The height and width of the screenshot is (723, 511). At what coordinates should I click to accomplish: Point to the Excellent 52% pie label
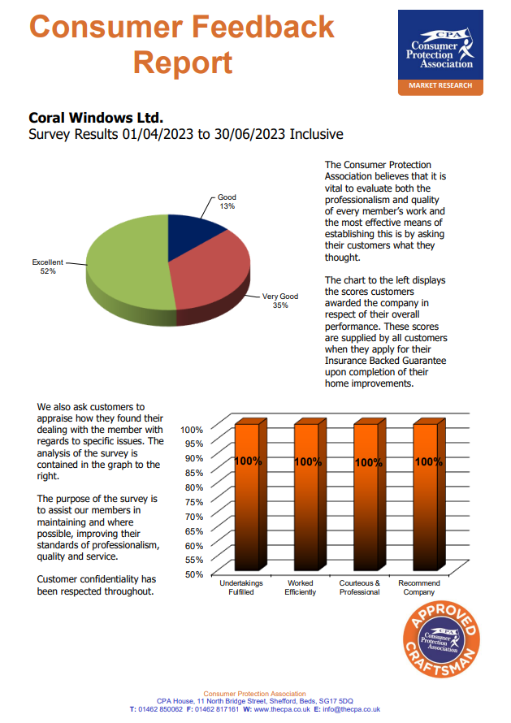(46, 266)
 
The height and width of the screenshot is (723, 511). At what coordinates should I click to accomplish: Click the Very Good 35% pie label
(279, 301)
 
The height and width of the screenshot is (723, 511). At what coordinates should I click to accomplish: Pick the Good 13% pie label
(227, 201)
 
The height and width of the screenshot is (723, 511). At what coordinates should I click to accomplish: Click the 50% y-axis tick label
(192, 574)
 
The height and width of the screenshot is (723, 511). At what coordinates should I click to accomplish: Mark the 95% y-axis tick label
(192, 444)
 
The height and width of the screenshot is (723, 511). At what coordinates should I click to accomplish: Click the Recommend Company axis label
(419, 587)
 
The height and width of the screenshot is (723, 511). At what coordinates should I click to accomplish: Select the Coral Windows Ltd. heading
(102, 116)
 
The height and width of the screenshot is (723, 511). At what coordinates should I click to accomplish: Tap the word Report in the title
(183, 62)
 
